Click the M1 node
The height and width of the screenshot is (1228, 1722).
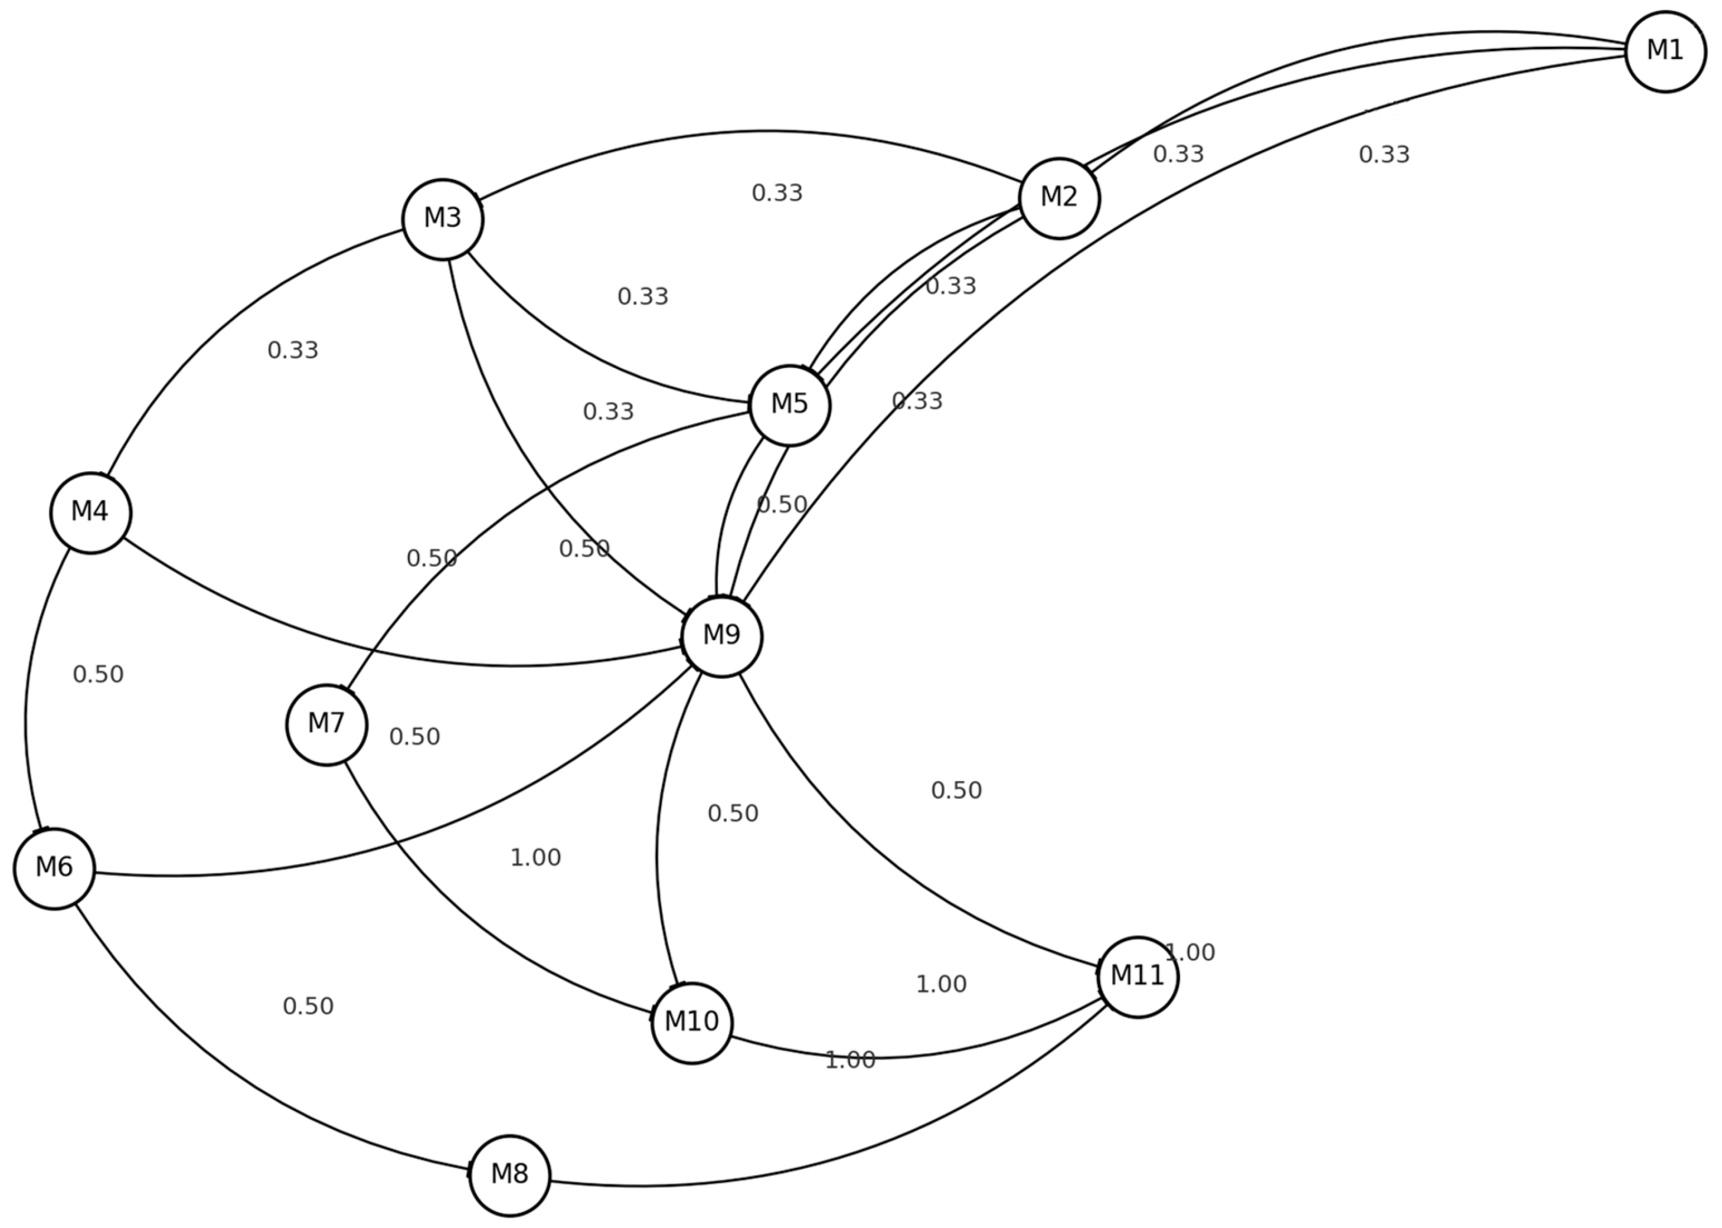point(1665,51)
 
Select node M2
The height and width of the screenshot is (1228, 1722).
point(1058,198)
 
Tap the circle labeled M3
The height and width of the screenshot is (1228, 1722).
point(442,219)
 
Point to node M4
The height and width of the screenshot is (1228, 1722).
point(91,512)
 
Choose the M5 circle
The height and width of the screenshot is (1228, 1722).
point(789,406)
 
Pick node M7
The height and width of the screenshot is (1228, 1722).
point(326,724)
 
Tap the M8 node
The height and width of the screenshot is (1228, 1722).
point(509,1175)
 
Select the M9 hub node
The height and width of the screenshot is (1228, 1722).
point(721,636)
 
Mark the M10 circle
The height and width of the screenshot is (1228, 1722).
point(692,1023)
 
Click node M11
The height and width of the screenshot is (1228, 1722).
point(1138,977)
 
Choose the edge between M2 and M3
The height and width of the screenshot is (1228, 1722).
point(756,132)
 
